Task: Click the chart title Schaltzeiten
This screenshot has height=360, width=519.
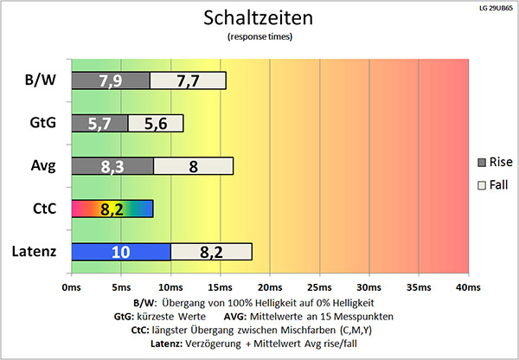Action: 259,17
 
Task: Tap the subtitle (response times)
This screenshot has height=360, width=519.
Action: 259,37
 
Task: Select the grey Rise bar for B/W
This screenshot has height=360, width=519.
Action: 110,80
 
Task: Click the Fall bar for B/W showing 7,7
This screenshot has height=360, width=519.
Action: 188,80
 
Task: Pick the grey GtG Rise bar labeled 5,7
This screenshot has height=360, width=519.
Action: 99,123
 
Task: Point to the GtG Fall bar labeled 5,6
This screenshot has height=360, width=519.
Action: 156,123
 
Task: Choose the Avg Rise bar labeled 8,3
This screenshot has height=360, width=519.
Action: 112,165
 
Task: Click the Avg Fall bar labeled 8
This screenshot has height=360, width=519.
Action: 193,165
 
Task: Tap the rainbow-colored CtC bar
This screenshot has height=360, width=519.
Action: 112,208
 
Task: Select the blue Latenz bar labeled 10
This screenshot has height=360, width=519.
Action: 121,251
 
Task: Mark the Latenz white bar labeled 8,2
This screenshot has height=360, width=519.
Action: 211,251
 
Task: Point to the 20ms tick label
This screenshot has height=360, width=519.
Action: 270,286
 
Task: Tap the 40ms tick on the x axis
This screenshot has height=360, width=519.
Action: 468,286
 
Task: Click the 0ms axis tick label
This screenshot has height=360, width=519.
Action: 72,286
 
